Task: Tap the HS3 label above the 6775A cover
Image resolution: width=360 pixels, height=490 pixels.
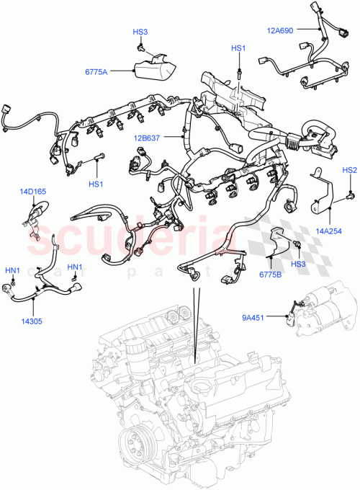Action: pyautogui.click(x=140, y=32)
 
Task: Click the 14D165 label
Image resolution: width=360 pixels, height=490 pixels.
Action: pyautogui.click(x=32, y=192)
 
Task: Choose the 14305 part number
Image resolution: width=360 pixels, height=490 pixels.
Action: pyautogui.click(x=31, y=321)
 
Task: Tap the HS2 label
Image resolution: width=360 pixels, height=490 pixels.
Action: pyautogui.click(x=349, y=171)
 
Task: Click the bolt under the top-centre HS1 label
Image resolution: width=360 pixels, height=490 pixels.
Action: pyautogui.click(x=238, y=71)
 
